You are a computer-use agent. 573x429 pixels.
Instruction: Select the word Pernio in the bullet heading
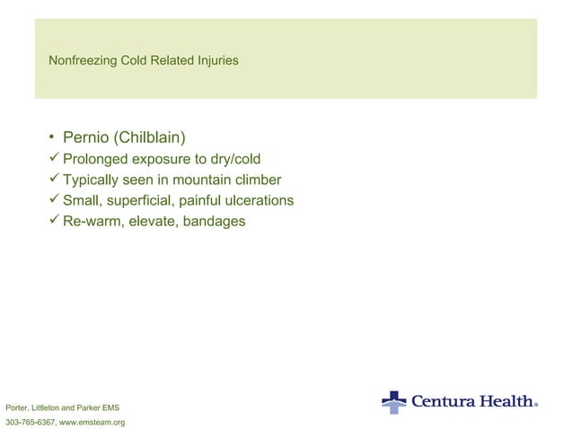85,139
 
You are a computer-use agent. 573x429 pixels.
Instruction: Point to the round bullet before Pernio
53,139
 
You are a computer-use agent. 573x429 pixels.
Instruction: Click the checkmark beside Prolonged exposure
54,160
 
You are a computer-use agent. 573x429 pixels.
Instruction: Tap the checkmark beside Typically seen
54,179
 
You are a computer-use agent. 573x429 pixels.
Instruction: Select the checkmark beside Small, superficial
54,200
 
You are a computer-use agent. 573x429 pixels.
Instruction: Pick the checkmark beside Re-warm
54,220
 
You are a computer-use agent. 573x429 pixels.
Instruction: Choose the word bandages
214,221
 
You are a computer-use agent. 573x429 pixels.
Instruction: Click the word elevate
151,221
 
